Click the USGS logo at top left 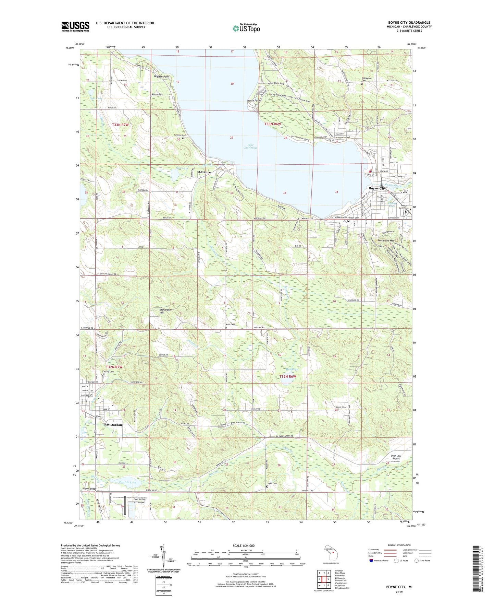[75, 26]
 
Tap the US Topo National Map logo [246, 28]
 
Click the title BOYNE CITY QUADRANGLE [409, 23]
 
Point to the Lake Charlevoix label [250, 146]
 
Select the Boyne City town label [377, 188]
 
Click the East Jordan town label [113, 425]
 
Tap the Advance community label [205, 172]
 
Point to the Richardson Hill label [166, 311]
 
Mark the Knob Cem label [231, 324]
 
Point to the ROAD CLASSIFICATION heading [399, 545]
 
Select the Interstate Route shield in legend [371, 561]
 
